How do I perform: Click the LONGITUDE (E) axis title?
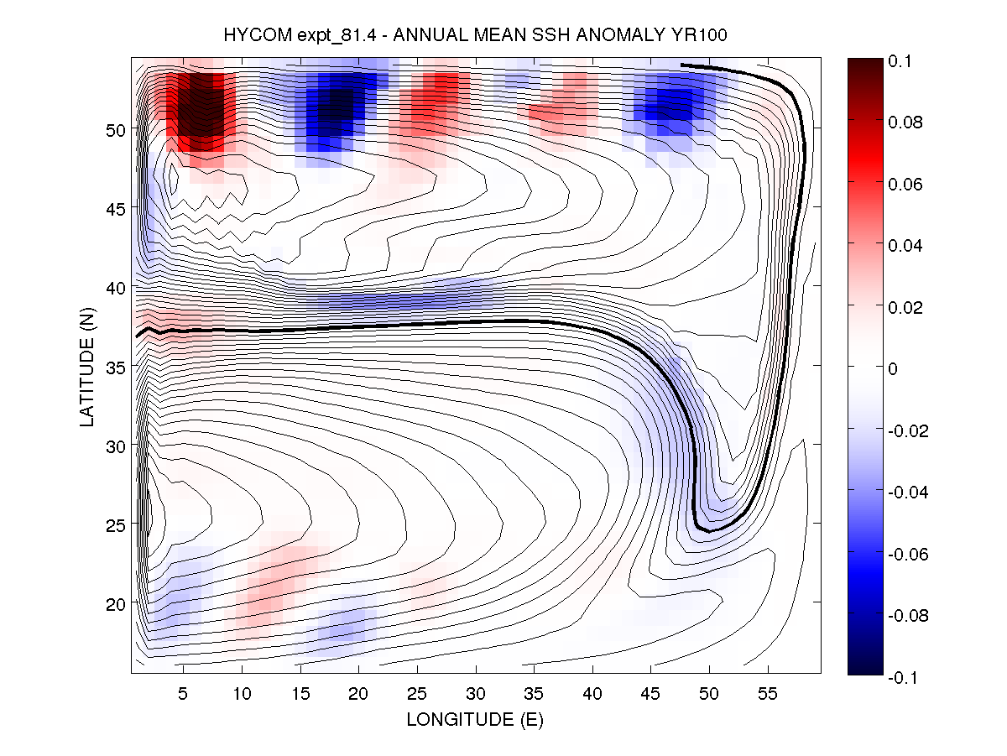[474, 719]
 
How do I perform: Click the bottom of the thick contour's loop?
[709, 531]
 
